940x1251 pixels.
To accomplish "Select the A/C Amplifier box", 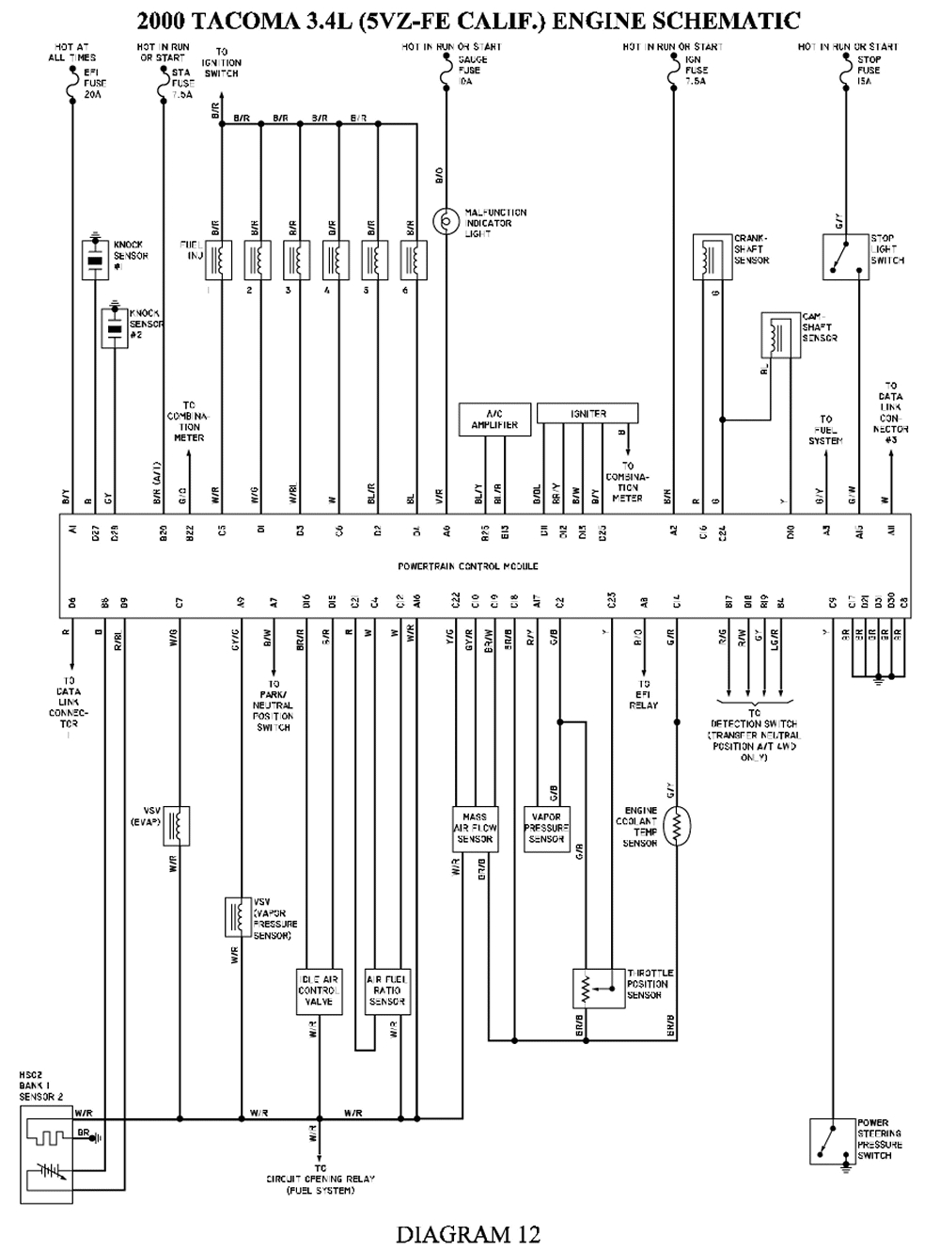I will point(494,420).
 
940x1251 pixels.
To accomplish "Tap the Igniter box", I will point(587,413).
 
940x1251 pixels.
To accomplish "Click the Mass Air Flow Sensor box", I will point(475,828).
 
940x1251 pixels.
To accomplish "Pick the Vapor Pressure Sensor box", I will point(546,828).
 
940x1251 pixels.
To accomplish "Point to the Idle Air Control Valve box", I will point(319,990).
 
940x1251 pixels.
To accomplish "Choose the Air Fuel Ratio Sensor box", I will point(386,990).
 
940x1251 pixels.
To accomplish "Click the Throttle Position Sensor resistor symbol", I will point(586,988).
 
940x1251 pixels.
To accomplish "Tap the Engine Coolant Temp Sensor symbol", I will point(676,825).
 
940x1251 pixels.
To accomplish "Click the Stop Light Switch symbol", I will point(844,256).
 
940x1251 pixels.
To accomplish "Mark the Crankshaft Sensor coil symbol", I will point(712,256).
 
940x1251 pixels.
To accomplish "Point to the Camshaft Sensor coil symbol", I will point(779,334).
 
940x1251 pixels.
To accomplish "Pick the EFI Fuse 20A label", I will point(92,82).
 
